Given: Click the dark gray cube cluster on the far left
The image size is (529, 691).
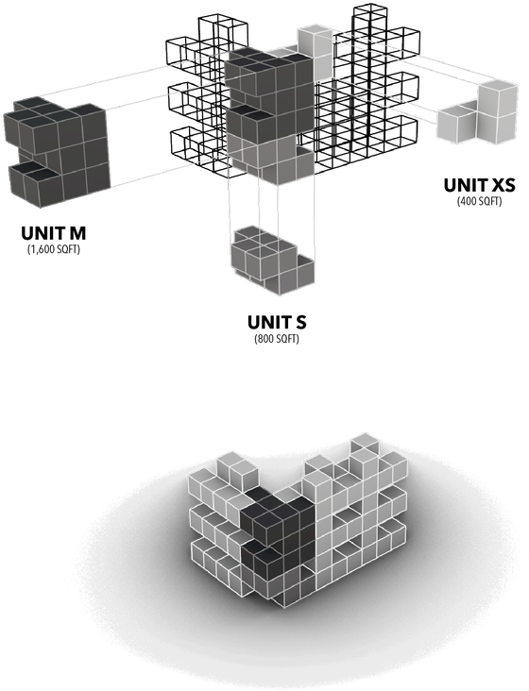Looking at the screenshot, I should click(57, 151).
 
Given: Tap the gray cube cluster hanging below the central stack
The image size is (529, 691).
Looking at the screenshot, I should click(272, 257).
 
